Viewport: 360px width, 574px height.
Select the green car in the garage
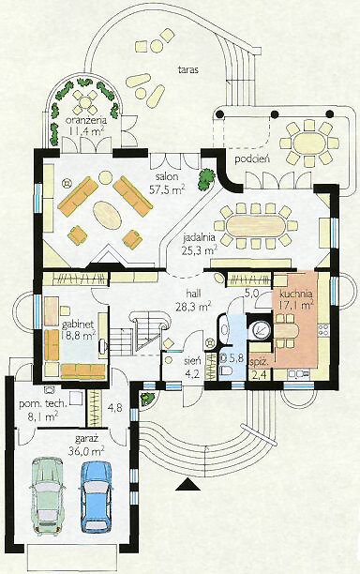click(x=48, y=494)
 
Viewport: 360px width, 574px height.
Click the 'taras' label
click(x=188, y=69)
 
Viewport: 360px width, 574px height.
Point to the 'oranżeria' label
click(x=86, y=120)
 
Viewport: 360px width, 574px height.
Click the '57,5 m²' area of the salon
click(x=167, y=189)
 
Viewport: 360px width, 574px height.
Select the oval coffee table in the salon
click(x=108, y=216)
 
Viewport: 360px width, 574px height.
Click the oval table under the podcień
click(x=309, y=142)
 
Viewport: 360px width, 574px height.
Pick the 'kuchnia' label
click(x=296, y=294)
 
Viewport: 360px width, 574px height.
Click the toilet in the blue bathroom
click(x=227, y=370)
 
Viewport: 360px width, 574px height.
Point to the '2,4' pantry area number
click(x=256, y=375)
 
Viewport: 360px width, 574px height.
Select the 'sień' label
click(x=192, y=360)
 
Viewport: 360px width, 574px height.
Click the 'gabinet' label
click(x=79, y=325)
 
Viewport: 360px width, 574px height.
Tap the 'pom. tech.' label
click(x=43, y=404)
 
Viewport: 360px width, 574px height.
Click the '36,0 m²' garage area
click(x=86, y=449)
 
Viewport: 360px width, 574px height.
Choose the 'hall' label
click(x=194, y=294)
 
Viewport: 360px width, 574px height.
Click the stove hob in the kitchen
click(x=323, y=328)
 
